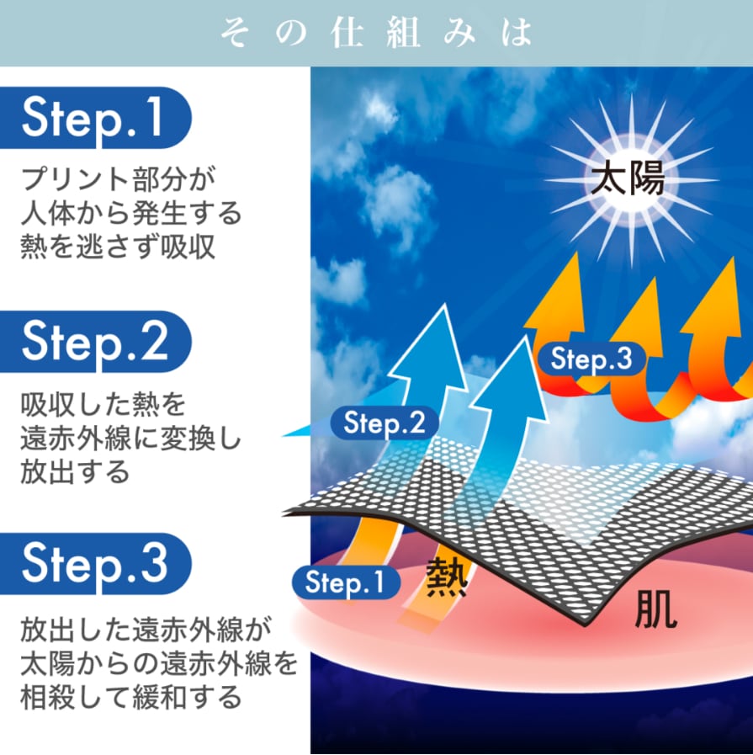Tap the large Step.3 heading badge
point(94,562)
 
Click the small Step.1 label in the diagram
point(345,582)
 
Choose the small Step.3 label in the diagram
point(591,359)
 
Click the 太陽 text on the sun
point(627,179)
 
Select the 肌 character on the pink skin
point(655,612)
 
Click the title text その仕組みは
point(376,33)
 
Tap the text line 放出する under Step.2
point(75,471)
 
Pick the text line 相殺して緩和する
point(131,697)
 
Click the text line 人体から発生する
point(130,213)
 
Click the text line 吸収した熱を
point(102,406)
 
